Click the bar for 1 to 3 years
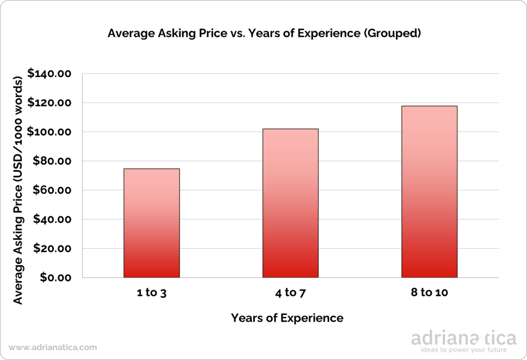tap(152, 223)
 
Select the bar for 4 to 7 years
tap(290, 203)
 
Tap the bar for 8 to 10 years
tap(429, 192)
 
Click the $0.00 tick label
tap(57, 278)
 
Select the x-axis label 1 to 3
tap(152, 294)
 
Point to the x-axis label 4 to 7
tap(290, 294)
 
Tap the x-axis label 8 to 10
tap(429, 294)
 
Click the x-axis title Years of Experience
tap(287, 318)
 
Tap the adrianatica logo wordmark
tap(464, 338)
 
